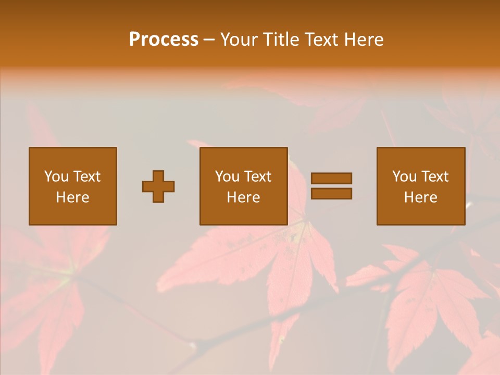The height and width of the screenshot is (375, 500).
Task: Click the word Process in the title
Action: pyautogui.click(x=164, y=40)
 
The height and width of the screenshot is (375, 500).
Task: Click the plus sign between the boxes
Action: pyautogui.click(x=158, y=186)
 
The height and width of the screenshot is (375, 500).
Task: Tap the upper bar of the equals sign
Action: pyautogui.click(x=331, y=179)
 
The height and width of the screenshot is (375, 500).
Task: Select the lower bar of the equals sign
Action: pyautogui.click(x=331, y=194)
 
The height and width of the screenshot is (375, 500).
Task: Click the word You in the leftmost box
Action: pyautogui.click(x=56, y=177)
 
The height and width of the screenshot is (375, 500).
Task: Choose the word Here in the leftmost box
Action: pyautogui.click(x=72, y=197)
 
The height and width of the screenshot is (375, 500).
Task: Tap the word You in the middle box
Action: pyautogui.click(x=227, y=177)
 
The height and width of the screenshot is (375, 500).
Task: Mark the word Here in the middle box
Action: pyautogui.click(x=243, y=197)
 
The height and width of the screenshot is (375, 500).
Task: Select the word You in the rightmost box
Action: pyautogui.click(x=404, y=177)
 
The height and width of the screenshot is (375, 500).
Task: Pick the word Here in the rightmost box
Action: pyautogui.click(x=420, y=197)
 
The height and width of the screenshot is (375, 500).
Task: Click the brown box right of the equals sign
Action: pyautogui.click(x=421, y=214)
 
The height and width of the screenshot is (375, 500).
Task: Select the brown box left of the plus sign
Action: pyautogui.click(x=72, y=214)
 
